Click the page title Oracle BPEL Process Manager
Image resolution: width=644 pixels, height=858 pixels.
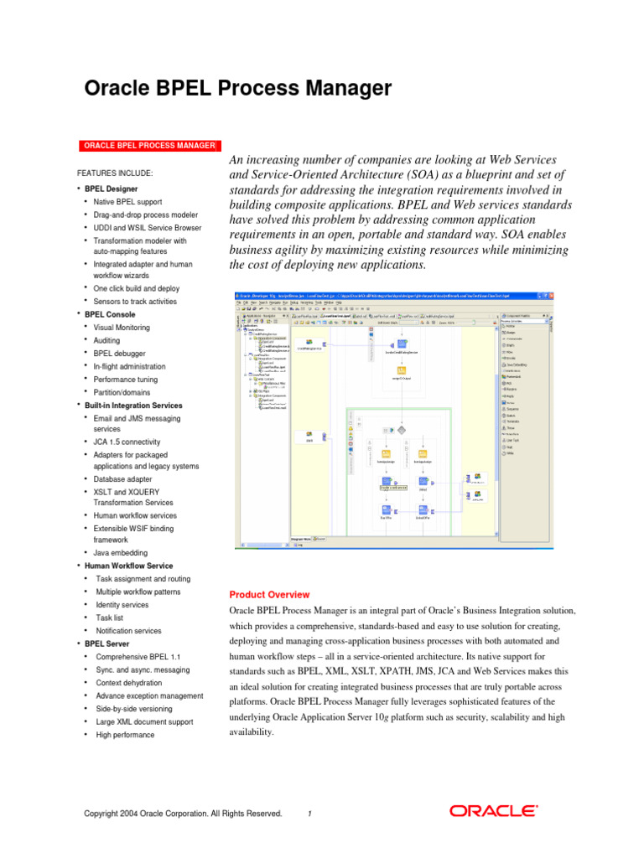click(x=239, y=88)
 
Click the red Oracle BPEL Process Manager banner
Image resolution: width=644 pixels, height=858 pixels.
click(x=148, y=146)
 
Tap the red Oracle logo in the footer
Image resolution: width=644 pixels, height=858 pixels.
click(x=494, y=811)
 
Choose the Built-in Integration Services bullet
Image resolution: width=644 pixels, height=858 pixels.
click(x=133, y=406)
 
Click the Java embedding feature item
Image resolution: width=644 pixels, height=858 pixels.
click(x=121, y=553)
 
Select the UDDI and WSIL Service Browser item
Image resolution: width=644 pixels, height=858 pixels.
click(x=148, y=228)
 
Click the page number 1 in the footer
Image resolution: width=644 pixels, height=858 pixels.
click(x=309, y=813)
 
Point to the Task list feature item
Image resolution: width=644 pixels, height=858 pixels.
click(x=110, y=618)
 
